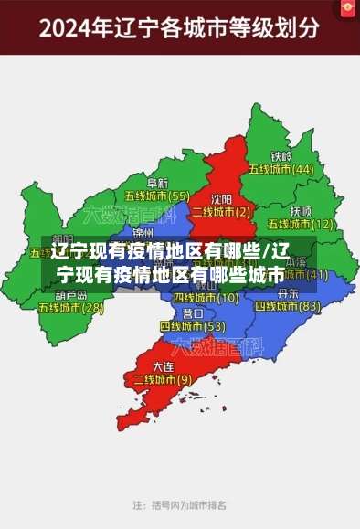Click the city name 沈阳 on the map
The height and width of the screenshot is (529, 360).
click(221, 198)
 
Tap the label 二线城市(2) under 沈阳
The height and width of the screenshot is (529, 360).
click(220, 211)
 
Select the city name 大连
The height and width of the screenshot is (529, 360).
click(164, 365)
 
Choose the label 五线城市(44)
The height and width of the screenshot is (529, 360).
click(282, 169)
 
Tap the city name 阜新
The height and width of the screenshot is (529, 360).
click(157, 183)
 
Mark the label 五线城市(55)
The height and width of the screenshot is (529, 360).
click(157, 196)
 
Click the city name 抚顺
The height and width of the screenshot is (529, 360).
click(301, 210)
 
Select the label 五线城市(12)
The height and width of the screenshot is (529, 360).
click(301, 223)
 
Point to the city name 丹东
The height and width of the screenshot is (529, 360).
click(287, 294)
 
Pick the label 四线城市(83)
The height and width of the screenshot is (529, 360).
click(287, 307)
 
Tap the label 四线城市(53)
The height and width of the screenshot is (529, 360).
click(192, 326)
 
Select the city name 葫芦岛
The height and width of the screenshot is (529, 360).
click(70, 295)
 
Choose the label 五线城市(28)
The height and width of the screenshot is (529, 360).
click(70, 308)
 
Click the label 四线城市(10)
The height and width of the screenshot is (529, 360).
click(206, 298)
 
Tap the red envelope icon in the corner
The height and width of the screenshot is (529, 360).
click(348, 9)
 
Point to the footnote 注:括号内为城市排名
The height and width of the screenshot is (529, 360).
click(180, 504)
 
